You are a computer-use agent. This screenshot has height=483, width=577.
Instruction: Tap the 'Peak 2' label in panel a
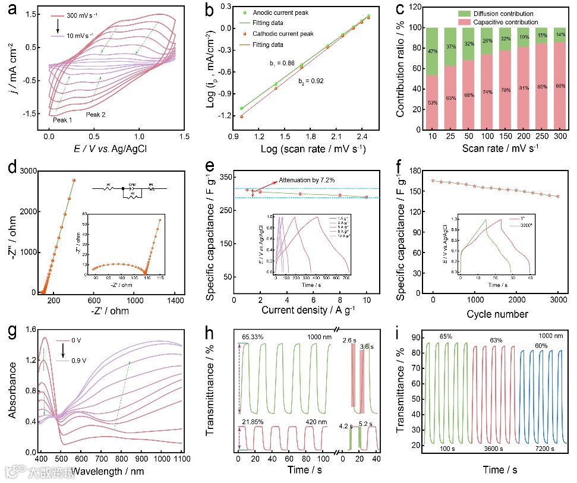pos(96,115)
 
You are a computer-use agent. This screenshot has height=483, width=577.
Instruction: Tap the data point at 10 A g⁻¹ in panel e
pos(366,197)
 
